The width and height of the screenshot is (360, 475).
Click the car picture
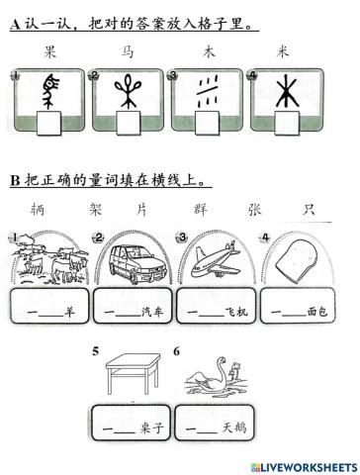(131, 258)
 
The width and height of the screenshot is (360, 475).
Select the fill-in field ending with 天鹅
(215, 429)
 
